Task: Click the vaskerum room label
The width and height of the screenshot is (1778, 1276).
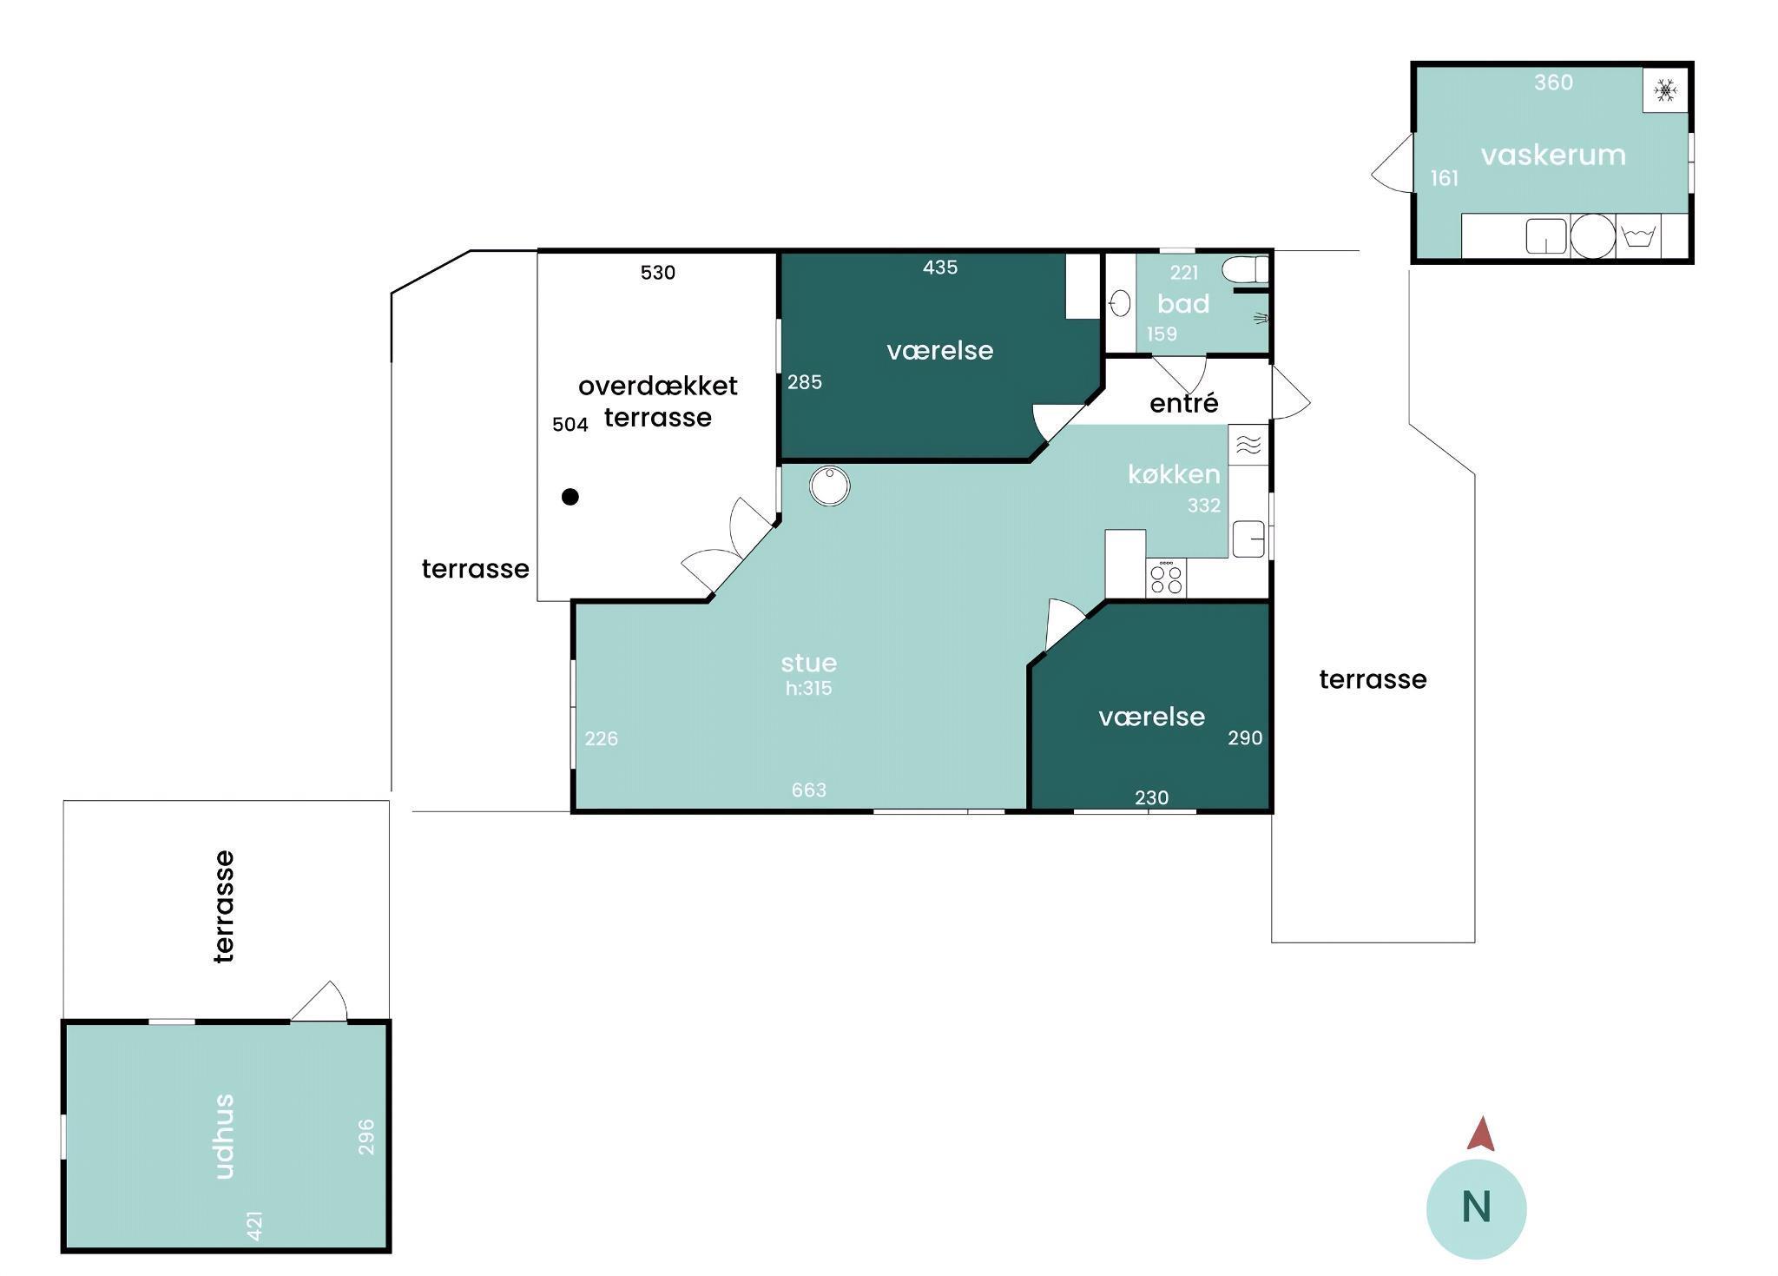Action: [x=1552, y=155]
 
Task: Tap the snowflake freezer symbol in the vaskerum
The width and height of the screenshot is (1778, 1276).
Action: [x=1665, y=90]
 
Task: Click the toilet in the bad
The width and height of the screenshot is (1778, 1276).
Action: [x=1245, y=269]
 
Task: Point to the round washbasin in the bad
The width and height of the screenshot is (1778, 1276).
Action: [x=1121, y=303]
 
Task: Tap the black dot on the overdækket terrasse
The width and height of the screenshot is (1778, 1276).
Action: [x=570, y=497]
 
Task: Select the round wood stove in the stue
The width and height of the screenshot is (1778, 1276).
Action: [x=829, y=486]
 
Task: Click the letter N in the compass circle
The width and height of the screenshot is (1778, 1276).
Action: [x=1476, y=1207]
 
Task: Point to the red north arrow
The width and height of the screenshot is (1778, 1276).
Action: [x=1481, y=1134]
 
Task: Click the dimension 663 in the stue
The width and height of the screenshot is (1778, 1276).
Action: [x=808, y=790]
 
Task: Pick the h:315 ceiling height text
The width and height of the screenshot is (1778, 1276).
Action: [x=808, y=688]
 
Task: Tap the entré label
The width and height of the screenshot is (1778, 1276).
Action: [x=1183, y=403]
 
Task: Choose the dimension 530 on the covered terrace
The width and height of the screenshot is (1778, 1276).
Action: [x=657, y=273]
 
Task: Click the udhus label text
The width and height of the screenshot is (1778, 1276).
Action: [x=224, y=1136]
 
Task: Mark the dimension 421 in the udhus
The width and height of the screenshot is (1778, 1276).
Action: [x=254, y=1226]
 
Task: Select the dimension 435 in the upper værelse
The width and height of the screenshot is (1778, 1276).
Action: [x=940, y=268]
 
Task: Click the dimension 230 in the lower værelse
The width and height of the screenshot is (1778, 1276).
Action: [x=1151, y=797]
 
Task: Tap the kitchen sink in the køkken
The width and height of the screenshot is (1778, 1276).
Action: [x=1248, y=539]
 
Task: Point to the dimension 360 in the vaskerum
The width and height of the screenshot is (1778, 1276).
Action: [x=1553, y=83]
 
